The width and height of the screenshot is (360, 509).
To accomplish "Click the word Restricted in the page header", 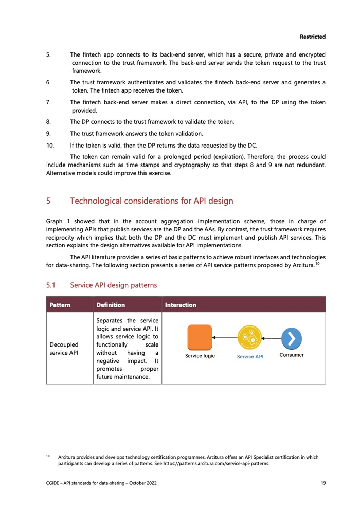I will click(x=313, y=37).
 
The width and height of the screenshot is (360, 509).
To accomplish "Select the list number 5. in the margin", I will click(x=48, y=54).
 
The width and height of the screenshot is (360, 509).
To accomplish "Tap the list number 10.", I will click(x=50, y=145).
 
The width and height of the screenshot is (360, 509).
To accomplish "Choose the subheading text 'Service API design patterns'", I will click(x=114, y=285).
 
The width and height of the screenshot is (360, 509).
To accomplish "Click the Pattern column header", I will click(x=60, y=305).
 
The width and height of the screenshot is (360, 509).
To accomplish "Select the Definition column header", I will click(x=111, y=305).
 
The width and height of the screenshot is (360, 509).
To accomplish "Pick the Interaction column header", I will click(x=181, y=305).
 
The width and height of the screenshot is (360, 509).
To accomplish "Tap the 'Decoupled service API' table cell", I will click(x=64, y=349).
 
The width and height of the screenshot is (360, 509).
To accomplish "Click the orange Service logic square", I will click(x=200, y=337).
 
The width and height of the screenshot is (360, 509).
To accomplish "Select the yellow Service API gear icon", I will click(x=250, y=338).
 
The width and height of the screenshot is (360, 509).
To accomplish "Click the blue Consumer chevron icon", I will click(x=292, y=338).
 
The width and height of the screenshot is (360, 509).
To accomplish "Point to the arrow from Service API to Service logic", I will click(x=225, y=338).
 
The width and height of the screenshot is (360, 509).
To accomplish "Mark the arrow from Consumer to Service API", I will click(x=271, y=338).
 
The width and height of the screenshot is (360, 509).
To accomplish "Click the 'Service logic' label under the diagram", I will click(x=200, y=356).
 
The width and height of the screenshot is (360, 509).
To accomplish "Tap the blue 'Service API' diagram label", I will click(x=250, y=357).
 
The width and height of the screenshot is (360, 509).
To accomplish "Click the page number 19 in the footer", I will click(x=322, y=483).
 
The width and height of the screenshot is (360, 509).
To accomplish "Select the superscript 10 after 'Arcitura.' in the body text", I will click(x=319, y=264).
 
